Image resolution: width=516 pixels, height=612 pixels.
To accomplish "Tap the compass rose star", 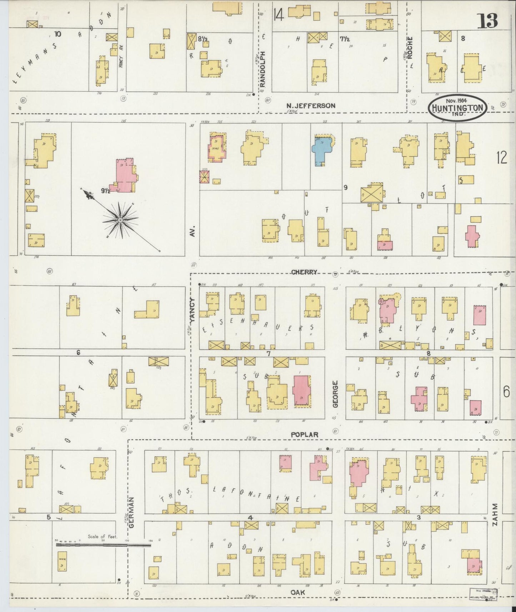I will pos(121,221).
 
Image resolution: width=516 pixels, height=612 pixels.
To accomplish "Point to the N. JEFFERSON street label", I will pos(311,105).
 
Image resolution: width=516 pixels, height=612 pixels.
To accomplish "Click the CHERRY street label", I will pos(304,272).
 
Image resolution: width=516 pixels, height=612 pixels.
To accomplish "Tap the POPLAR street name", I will pos(304,435).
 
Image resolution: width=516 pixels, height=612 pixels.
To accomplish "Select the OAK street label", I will pos(297,592).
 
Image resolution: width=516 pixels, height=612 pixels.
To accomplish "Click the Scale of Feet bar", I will pos(104,545).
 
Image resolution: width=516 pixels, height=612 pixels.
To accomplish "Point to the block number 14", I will pos(279,15).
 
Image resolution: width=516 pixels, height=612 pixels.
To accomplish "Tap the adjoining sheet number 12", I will pos(501,157).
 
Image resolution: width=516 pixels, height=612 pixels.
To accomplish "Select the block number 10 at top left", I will pos(57,34).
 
